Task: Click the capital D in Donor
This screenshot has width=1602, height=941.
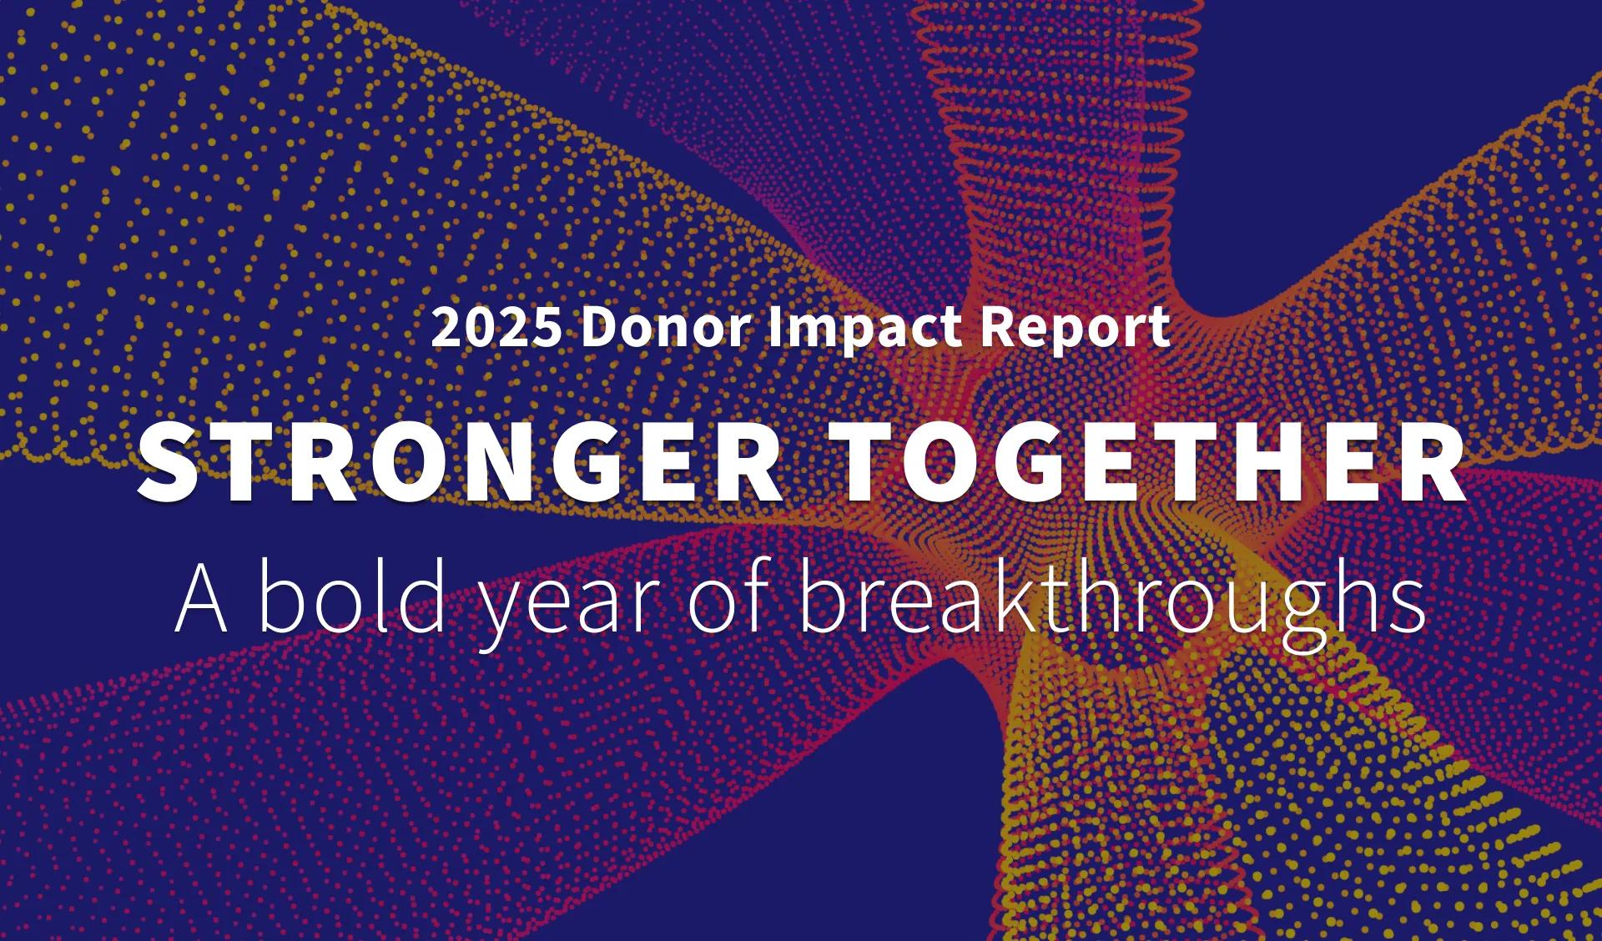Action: pos(600,328)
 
